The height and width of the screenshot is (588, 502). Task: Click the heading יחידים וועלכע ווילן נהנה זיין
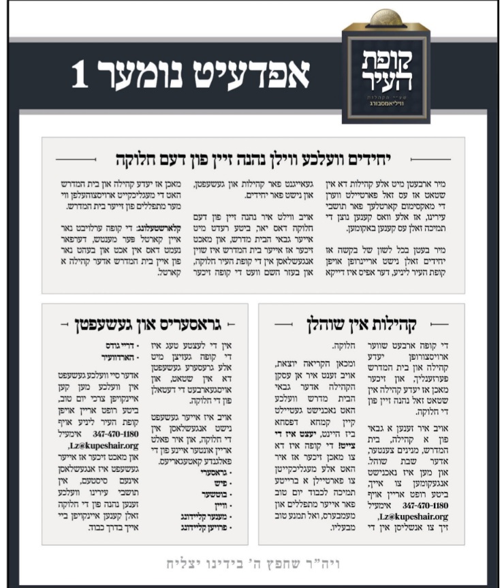[x=253, y=160]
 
